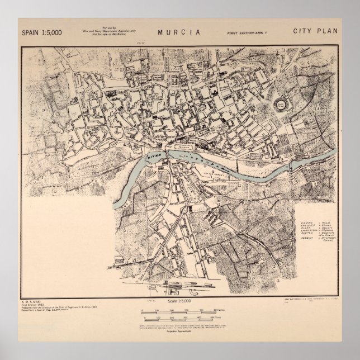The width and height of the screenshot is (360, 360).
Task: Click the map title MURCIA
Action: point(180,31)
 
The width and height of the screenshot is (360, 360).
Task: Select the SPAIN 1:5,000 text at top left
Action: point(42,32)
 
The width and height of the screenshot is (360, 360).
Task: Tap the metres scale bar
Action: point(179,310)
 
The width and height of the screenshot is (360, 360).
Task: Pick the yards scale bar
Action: point(179,317)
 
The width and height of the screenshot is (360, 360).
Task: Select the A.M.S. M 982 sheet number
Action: point(32,302)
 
